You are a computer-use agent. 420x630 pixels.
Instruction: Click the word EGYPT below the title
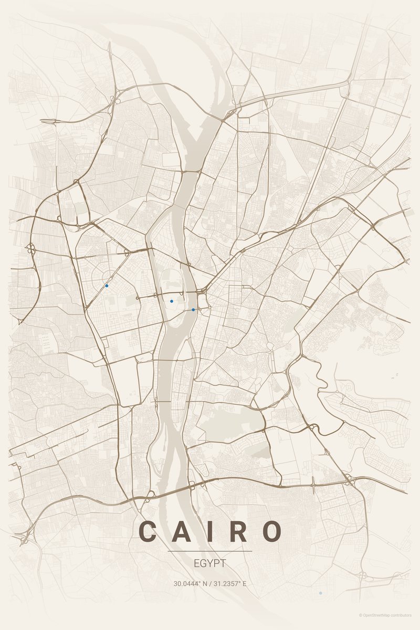click(210, 563)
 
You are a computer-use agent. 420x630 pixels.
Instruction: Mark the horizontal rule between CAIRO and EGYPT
click(210, 551)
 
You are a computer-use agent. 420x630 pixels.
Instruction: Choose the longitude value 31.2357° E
click(229, 583)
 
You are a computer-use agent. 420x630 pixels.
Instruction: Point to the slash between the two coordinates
click(210, 583)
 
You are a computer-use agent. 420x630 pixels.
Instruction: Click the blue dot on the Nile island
click(172, 301)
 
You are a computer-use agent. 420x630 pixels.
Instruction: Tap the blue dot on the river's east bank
click(193, 310)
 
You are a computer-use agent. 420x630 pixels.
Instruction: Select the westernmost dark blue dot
click(107, 286)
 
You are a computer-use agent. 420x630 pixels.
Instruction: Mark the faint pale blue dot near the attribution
click(320, 593)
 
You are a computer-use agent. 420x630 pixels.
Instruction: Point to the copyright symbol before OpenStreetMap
click(361, 615)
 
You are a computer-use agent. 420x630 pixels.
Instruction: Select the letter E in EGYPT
click(196, 563)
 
